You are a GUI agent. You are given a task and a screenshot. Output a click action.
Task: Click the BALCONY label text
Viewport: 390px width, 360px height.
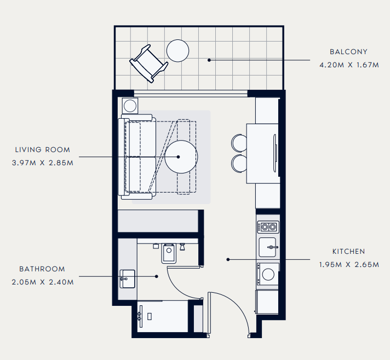[x=348, y=51]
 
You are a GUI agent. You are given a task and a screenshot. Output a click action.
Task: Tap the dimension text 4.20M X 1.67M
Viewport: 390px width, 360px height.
[x=349, y=65]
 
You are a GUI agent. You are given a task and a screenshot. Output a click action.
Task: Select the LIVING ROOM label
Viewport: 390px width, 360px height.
[x=43, y=149]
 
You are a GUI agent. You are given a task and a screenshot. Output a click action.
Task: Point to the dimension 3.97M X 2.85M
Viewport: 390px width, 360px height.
[x=43, y=162]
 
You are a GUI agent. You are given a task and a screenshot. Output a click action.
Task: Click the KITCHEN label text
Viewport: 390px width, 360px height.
[x=349, y=252]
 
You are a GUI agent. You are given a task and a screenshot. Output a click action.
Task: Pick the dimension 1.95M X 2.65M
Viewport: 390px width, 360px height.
[x=349, y=265]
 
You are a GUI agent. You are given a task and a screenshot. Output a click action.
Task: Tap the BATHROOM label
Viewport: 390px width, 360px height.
[x=42, y=269]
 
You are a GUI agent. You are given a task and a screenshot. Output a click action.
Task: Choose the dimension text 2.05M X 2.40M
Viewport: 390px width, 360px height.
[x=43, y=282]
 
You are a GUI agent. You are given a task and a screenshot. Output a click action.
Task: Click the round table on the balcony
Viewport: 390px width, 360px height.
[x=177, y=51]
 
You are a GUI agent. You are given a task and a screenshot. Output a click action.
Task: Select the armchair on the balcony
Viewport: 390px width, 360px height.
[x=149, y=63]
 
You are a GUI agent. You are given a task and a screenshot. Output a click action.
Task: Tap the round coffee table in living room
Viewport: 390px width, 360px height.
[x=181, y=157]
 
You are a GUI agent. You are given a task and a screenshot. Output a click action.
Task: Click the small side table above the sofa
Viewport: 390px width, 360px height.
[x=130, y=106]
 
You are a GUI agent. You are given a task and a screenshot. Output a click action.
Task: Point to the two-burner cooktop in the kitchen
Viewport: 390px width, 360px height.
[x=268, y=227]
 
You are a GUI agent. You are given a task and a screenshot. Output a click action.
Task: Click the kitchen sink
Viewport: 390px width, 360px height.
[x=268, y=247]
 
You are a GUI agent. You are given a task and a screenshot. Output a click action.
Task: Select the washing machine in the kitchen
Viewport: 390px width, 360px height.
[x=268, y=274]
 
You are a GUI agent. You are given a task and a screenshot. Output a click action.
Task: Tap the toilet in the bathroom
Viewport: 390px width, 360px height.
[x=169, y=253]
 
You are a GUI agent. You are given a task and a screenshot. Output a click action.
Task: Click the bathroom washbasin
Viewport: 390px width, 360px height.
[x=127, y=279]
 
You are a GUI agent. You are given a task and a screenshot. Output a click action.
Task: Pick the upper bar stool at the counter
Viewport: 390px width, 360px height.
[x=239, y=143]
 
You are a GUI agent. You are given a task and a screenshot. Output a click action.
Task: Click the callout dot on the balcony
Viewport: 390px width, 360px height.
[x=209, y=60]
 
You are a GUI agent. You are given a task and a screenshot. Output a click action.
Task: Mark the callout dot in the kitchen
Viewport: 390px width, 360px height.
[x=228, y=260]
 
